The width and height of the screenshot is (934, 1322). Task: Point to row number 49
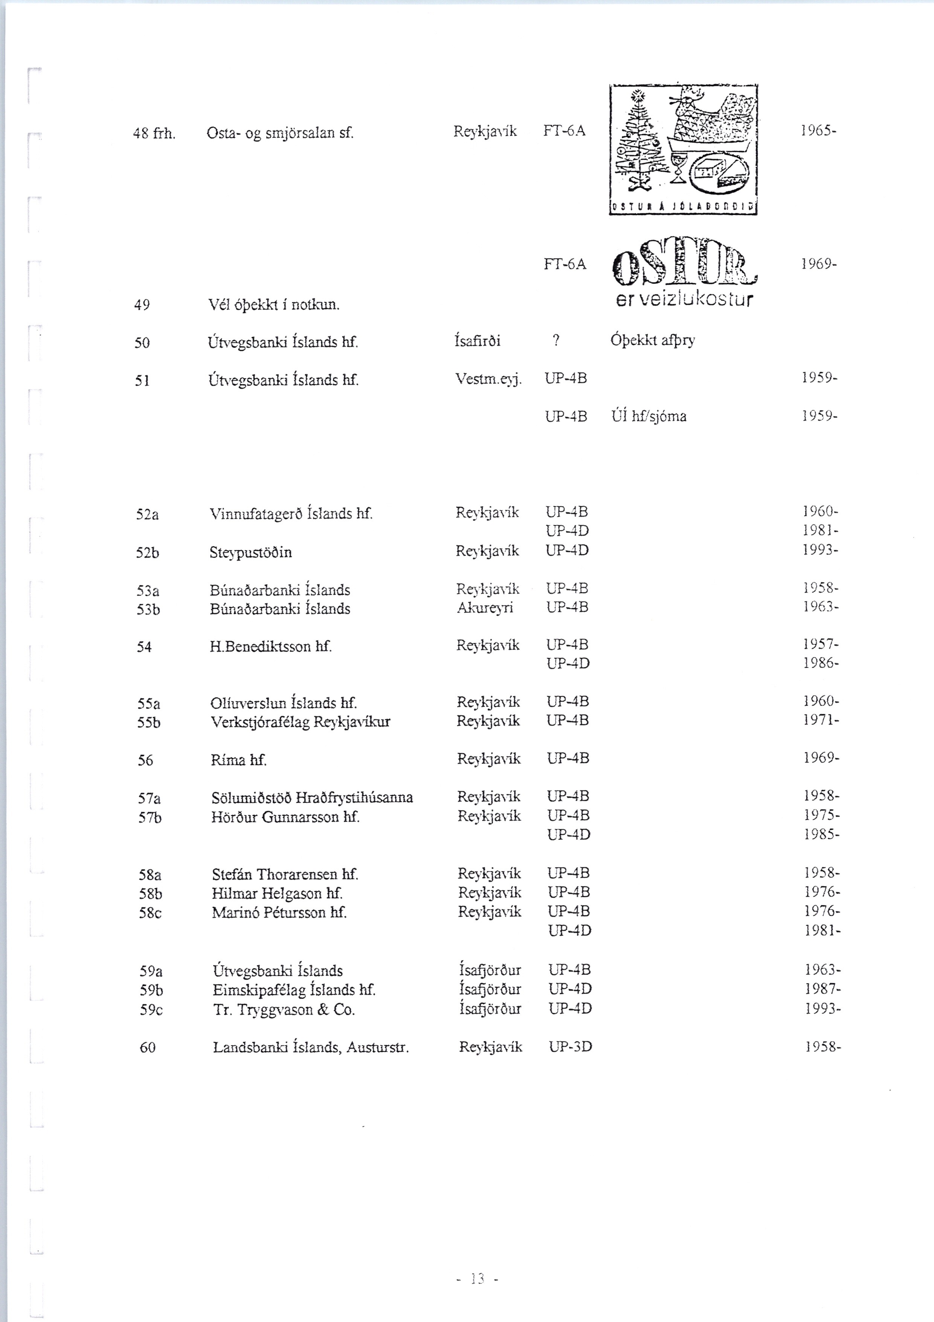point(142,305)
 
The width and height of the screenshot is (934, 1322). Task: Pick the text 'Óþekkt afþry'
point(653,340)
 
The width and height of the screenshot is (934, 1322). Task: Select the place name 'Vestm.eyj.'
point(488,379)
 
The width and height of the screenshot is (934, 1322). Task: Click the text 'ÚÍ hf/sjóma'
point(649,416)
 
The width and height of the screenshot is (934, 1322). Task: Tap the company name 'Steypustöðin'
point(251,553)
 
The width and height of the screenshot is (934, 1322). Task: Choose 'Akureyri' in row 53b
point(485,608)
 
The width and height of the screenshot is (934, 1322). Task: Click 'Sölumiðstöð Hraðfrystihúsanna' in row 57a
point(312,797)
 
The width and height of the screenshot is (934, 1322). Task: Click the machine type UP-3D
point(570,1047)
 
